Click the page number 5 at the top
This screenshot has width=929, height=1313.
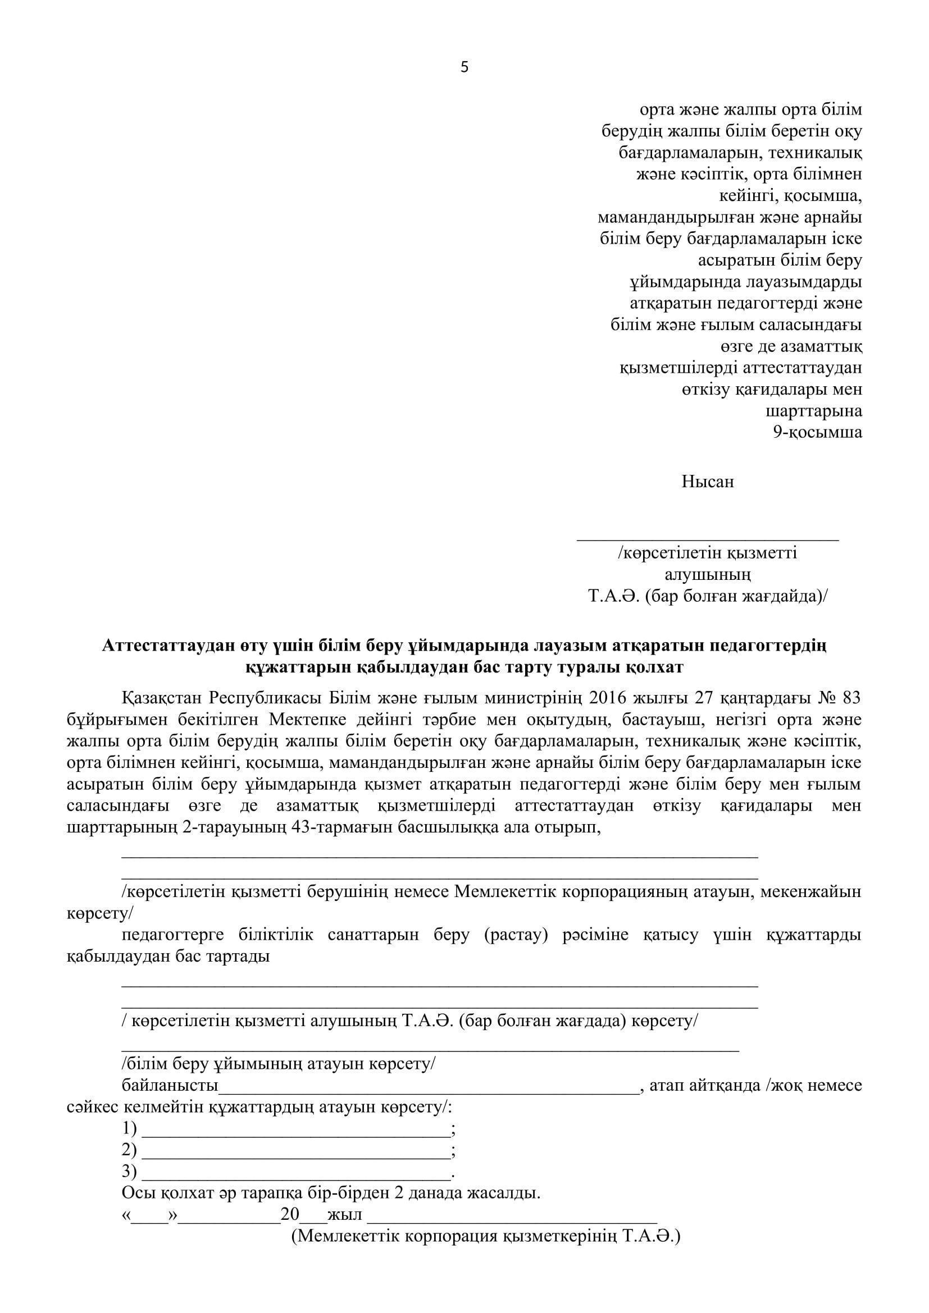pos(464,68)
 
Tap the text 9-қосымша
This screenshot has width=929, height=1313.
pos(817,432)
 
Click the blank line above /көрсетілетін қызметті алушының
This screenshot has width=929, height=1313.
pos(707,538)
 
